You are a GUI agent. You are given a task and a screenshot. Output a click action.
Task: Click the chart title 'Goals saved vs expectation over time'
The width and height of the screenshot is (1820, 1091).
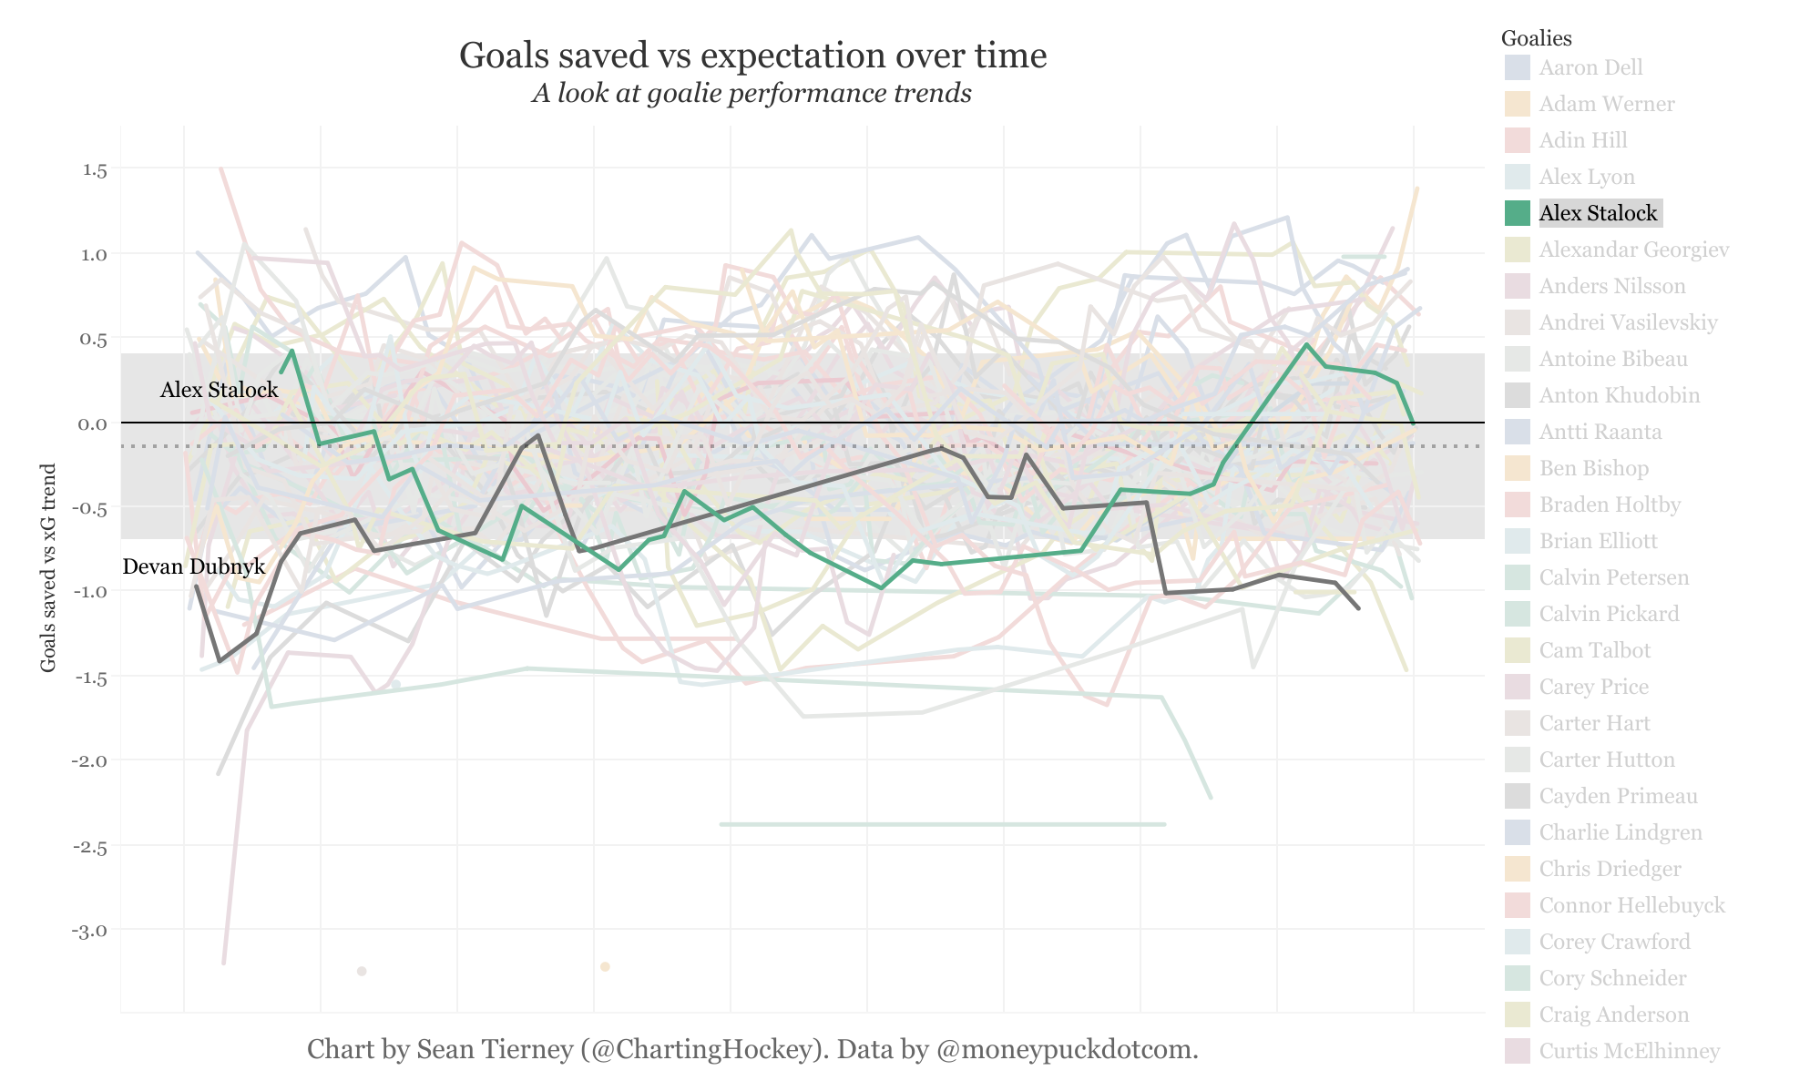(752, 56)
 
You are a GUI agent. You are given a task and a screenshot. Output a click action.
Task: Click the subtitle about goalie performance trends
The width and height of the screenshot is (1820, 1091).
(752, 94)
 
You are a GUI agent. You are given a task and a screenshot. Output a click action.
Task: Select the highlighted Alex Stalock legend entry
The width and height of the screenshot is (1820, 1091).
(1599, 213)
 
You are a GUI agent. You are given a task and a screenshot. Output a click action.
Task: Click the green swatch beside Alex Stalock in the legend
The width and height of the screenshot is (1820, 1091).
(1517, 213)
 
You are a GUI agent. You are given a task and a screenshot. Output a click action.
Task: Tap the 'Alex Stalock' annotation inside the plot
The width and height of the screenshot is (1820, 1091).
(219, 390)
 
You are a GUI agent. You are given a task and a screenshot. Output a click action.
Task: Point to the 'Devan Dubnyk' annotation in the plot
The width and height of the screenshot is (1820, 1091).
(193, 566)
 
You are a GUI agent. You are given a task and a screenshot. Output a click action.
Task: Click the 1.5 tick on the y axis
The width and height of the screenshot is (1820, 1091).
(95, 170)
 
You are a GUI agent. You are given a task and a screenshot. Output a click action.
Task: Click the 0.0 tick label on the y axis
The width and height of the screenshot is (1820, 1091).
(95, 423)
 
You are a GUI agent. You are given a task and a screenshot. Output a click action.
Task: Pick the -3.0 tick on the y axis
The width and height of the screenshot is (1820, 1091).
(91, 931)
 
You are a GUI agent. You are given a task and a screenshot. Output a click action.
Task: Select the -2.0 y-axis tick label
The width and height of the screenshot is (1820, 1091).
(91, 761)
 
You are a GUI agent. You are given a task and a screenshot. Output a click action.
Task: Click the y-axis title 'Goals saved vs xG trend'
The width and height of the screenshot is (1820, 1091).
(49, 568)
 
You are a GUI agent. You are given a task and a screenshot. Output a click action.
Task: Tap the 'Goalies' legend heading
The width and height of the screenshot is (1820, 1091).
(1536, 38)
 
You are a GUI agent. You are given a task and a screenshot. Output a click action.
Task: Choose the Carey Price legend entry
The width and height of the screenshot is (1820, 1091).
(1593, 687)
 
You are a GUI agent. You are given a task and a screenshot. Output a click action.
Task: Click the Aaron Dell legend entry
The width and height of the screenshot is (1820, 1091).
(1590, 67)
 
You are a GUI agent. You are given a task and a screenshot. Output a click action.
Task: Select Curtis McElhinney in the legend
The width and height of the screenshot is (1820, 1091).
(1629, 1051)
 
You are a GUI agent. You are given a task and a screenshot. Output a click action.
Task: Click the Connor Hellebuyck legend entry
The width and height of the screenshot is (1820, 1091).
(1631, 905)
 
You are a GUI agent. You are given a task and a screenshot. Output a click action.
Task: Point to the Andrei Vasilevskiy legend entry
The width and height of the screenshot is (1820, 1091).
(1628, 322)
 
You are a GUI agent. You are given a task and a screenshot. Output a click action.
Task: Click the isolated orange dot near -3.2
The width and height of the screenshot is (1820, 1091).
(605, 966)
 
